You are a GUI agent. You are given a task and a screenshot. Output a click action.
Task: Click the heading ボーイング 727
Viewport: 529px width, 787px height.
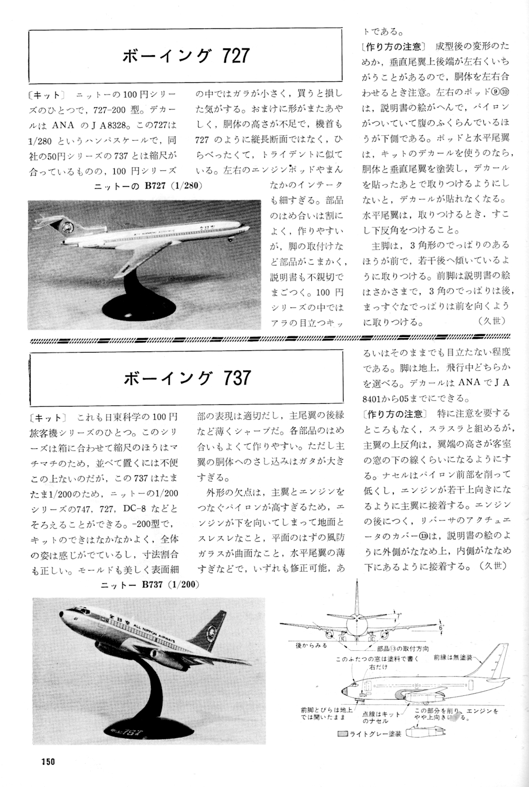[x=185, y=56]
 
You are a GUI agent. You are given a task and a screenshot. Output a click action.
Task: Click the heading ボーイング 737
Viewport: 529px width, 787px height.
[x=185, y=378]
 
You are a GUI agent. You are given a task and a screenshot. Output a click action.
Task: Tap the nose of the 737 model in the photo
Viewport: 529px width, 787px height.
[x=60, y=613]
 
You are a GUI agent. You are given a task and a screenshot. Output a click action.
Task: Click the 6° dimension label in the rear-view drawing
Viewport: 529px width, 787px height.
[x=441, y=627]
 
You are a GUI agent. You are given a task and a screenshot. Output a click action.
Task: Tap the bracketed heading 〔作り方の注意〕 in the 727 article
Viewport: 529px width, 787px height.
[x=393, y=47]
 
